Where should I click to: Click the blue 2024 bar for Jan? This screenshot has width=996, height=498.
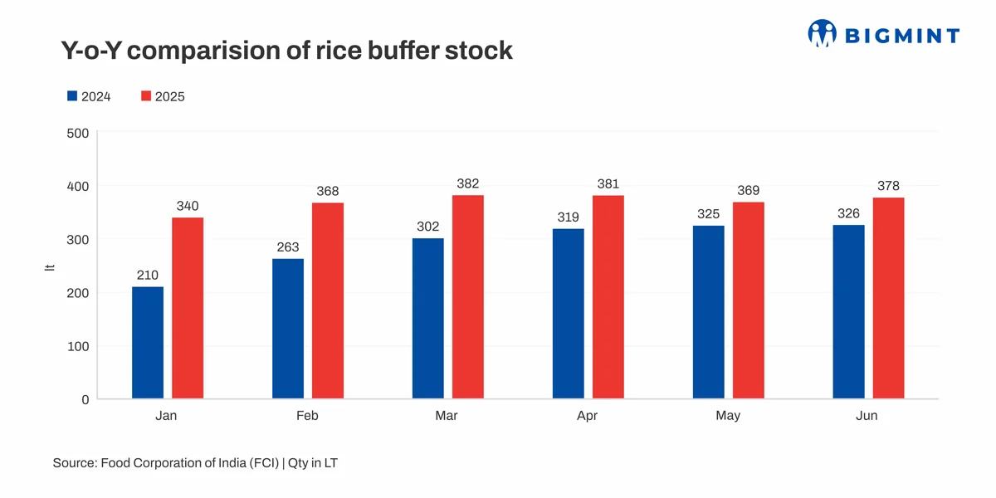coord(148,343)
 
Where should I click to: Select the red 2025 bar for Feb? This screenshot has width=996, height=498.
coord(328,300)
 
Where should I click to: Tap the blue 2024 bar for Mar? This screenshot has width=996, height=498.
coord(428,319)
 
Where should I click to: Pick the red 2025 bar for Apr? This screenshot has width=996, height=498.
coord(608,297)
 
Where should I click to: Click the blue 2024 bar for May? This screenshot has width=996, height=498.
coord(708,312)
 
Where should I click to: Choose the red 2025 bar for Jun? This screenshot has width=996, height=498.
coord(888,298)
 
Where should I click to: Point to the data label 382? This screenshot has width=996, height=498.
coord(468,183)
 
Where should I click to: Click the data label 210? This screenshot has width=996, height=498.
coord(148,276)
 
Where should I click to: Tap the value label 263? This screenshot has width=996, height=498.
coord(288,247)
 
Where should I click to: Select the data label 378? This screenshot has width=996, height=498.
coord(888,186)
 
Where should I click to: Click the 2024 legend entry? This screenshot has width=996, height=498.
coord(89,96)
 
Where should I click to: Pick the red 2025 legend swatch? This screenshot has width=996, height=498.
coord(146,96)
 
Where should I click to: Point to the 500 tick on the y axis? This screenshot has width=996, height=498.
coord(77,133)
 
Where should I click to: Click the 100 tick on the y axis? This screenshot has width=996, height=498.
coord(77,346)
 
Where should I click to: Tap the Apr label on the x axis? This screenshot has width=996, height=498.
coord(588,416)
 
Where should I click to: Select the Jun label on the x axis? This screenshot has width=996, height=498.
coord(867,416)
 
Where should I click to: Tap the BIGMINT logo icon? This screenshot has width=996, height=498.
coord(822,33)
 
